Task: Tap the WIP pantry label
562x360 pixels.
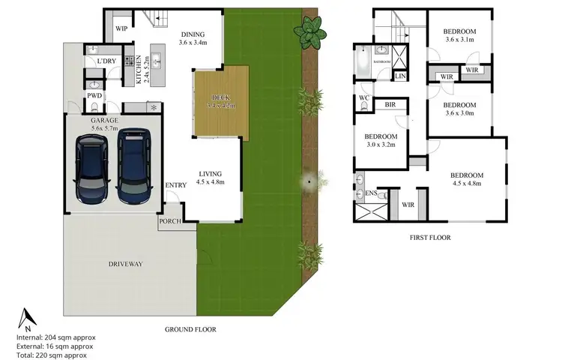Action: pos(121,29)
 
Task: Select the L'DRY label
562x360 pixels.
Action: pos(106,61)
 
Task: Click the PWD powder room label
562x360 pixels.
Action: pos(94,96)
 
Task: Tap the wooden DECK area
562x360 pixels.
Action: pos(221,101)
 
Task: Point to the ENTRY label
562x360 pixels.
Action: pos(175,185)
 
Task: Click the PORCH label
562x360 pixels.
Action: pos(169,222)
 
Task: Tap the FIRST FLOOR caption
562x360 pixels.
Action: pos(430,238)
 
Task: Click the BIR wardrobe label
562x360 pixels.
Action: pos(390,105)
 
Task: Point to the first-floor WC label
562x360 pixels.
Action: pos(363,97)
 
